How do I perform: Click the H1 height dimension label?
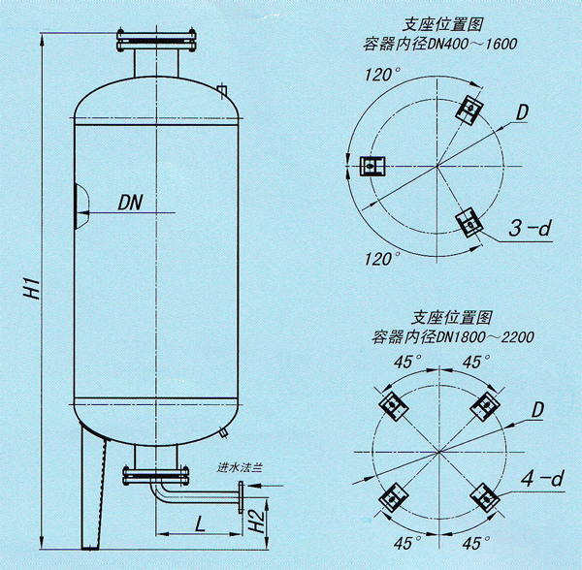click(31, 288)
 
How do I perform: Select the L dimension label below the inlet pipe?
click(199, 524)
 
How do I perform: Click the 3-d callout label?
click(530, 230)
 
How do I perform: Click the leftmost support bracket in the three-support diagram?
click(371, 166)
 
